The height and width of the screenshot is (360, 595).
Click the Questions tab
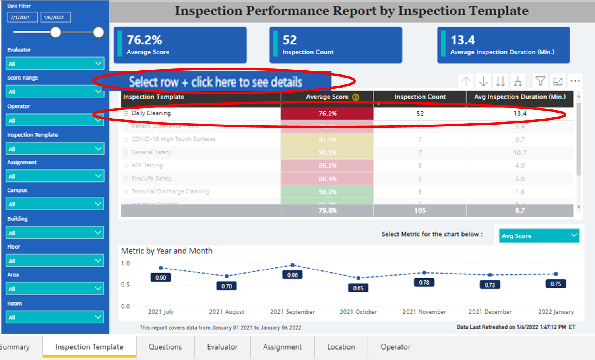(165, 347)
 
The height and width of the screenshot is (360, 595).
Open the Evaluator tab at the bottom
(222, 347)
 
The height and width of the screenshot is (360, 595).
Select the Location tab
(341, 347)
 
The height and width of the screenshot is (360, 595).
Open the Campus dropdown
(55, 204)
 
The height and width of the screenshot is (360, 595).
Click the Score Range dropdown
(55, 91)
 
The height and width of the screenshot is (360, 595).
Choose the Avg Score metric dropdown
(539, 236)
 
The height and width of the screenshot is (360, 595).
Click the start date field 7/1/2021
(22, 18)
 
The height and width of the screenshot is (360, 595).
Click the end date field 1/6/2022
(55, 18)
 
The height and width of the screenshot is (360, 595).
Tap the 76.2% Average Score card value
(144, 40)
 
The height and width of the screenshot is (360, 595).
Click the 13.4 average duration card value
(463, 40)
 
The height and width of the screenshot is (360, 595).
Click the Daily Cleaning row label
(151, 113)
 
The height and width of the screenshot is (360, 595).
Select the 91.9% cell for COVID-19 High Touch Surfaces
(327, 140)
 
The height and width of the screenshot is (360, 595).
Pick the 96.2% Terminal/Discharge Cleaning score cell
(327, 192)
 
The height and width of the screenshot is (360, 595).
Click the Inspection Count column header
(420, 97)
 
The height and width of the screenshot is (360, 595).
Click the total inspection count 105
(420, 210)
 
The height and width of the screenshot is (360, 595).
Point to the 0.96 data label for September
(293, 275)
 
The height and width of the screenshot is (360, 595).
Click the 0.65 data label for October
(358, 288)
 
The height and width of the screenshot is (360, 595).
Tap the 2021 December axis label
(490, 312)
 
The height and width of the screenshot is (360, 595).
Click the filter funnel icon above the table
(540, 81)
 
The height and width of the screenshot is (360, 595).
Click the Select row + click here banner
(215, 82)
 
